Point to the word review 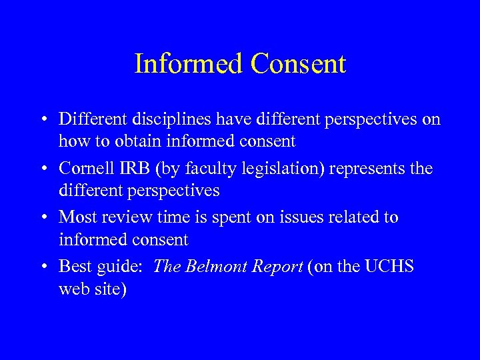pyautogui.click(x=125, y=217)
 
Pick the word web pyautogui.click(x=74, y=289)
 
